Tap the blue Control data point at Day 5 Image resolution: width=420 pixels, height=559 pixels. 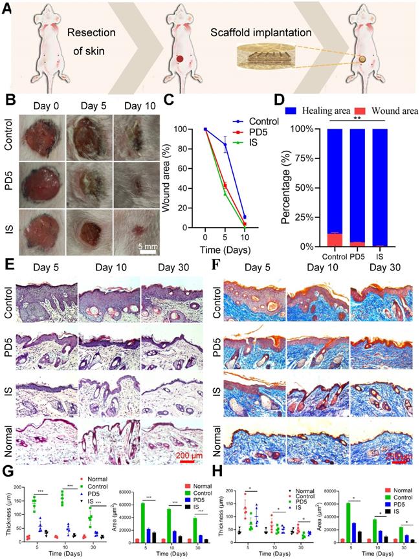(225, 146)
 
